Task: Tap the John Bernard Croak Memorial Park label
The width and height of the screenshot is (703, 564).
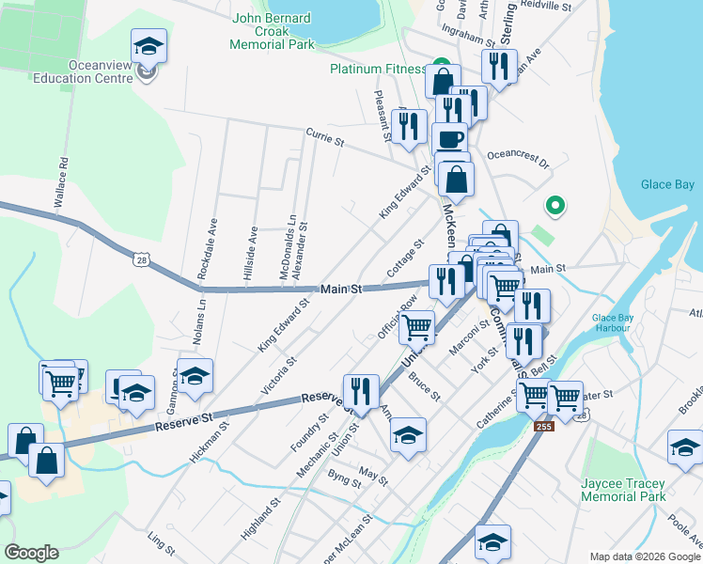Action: tap(286, 30)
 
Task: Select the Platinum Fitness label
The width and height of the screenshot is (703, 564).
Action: tap(378, 69)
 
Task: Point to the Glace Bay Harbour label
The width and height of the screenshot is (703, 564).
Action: tap(617, 322)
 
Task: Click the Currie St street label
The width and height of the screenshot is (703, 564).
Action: tap(326, 138)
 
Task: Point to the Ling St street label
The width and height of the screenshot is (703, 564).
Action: tap(162, 542)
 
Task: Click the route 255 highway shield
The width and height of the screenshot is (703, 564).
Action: tap(546, 426)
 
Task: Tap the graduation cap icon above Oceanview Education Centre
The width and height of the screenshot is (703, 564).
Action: tap(148, 45)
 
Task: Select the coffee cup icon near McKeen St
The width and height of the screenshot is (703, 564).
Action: tap(449, 138)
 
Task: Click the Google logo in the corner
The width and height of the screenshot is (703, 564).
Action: tap(31, 553)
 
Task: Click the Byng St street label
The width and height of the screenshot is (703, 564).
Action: tap(344, 481)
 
